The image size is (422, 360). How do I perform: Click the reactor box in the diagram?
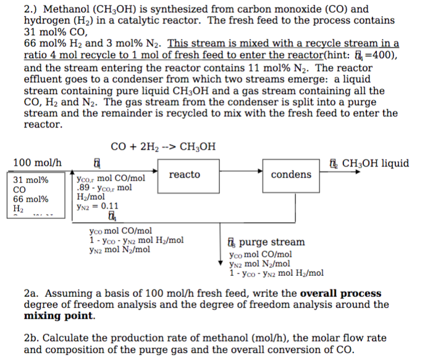pyautogui.click(x=185, y=175)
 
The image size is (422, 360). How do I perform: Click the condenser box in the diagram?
pyautogui.click(x=291, y=175)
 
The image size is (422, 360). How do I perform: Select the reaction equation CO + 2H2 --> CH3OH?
pyautogui.click(x=163, y=147)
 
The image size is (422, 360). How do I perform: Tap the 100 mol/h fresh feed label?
pyautogui.click(x=38, y=163)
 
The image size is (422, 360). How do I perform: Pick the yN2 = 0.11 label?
pyautogui.click(x=97, y=207)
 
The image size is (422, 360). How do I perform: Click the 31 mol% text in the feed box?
pyautogui.click(x=31, y=180)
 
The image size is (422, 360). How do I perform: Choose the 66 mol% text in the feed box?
pyautogui.click(x=31, y=199)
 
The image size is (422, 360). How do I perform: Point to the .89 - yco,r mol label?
pyautogui.click(x=103, y=188)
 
